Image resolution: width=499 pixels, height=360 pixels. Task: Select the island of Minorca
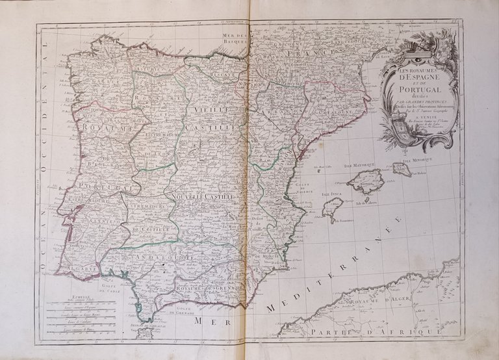click(x=402, y=170)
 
